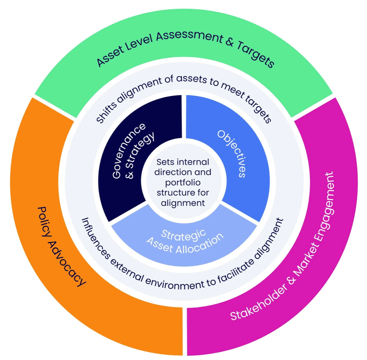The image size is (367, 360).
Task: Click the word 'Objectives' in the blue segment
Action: click(232, 154)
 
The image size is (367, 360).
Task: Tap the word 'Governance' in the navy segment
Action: click(129, 151)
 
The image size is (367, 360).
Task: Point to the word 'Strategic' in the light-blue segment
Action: click(183, 235)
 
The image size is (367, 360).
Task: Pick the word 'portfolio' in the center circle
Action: click(183, 182)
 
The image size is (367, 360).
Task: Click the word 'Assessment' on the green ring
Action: click(189, 36)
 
